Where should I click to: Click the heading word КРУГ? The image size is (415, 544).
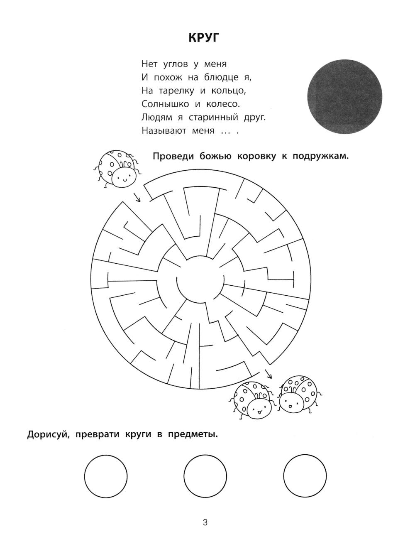tap(203, 38)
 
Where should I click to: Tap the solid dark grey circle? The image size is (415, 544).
tap(344, 96)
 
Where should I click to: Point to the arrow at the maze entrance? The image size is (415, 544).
tap(137, 196)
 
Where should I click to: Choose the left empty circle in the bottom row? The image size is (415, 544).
tap(105, 475)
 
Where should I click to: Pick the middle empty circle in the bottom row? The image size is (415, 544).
tap(205, 475)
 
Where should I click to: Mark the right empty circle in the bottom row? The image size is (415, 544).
tap(305, 475)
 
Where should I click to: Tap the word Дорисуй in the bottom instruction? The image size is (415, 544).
tap(47, 435)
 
